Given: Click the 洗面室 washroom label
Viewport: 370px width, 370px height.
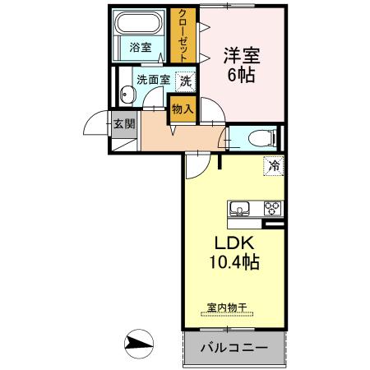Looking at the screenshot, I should pyautogui.click(x=153, y=81).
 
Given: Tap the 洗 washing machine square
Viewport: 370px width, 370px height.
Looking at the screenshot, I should pyautogui.click(x=187, y=81).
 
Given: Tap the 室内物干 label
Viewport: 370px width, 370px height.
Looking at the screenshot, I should pyautogui.click(x=226, y=307).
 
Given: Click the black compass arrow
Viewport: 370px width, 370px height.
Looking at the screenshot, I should pyautogui.click(x=141, y=341).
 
